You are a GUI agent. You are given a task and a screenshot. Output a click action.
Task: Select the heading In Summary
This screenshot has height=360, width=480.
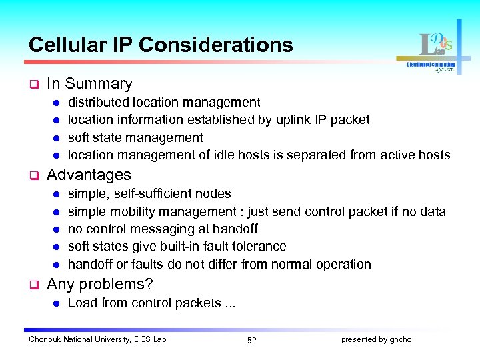(89, 84)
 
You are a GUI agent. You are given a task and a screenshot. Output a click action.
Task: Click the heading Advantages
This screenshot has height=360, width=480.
(89, 175)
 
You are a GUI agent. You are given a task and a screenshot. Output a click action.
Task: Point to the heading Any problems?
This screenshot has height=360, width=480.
(100, 285)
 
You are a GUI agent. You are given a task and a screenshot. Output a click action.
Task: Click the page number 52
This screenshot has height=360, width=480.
(251, 340)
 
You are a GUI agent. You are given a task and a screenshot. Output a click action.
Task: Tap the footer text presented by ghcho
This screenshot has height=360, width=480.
(377, 339)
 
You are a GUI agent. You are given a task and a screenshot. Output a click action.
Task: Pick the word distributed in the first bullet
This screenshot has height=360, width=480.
(99, 102)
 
